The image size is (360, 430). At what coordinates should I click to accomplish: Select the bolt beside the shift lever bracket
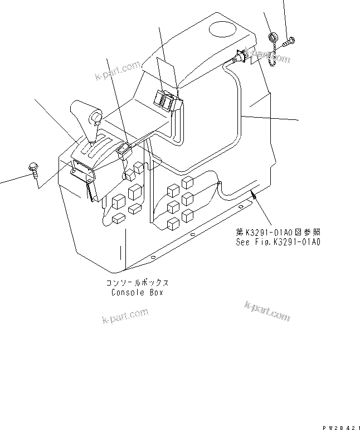click(33, 168)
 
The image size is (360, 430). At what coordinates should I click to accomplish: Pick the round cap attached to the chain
click(273, 37)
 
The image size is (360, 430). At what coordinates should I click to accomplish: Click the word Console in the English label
click(128, 292)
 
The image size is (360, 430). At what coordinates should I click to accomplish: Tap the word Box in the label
click(156, 292)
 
